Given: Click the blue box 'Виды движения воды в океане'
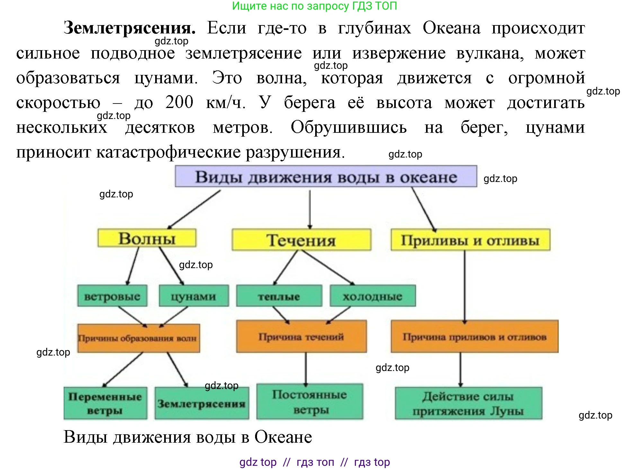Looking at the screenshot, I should (x=325, y=176).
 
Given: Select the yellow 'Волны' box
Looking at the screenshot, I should (x=147, y=238).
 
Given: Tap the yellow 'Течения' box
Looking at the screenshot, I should (x=301, y=240).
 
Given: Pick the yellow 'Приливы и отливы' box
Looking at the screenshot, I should (x=470, y=240).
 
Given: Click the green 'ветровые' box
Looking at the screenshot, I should (x=112, y=296).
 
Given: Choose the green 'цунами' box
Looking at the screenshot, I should (x=194, y=296).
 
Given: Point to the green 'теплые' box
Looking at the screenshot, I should (x=279, y=296).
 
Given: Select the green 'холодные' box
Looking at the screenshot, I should (x=372, y=296).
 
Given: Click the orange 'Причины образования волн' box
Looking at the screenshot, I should (x=138, y=338).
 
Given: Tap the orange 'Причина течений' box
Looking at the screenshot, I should (x=301, y=337).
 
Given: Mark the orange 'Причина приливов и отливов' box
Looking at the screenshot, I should (x=474, y=337).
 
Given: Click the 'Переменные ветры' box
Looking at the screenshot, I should (x=105, y=403).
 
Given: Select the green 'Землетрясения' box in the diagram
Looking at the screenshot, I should (x=201, y=403).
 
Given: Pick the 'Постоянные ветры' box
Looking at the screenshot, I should (x=309, y=402).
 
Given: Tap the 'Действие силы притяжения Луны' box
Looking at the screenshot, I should (x=468, y=403).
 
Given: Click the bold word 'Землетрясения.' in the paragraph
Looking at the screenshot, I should (x=129, y=28).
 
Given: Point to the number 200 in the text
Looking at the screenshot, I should (x=179, y=102).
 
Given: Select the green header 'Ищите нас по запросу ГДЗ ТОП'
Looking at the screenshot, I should (x=315, y=6).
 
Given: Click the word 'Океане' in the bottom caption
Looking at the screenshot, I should (x=283, y=437).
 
